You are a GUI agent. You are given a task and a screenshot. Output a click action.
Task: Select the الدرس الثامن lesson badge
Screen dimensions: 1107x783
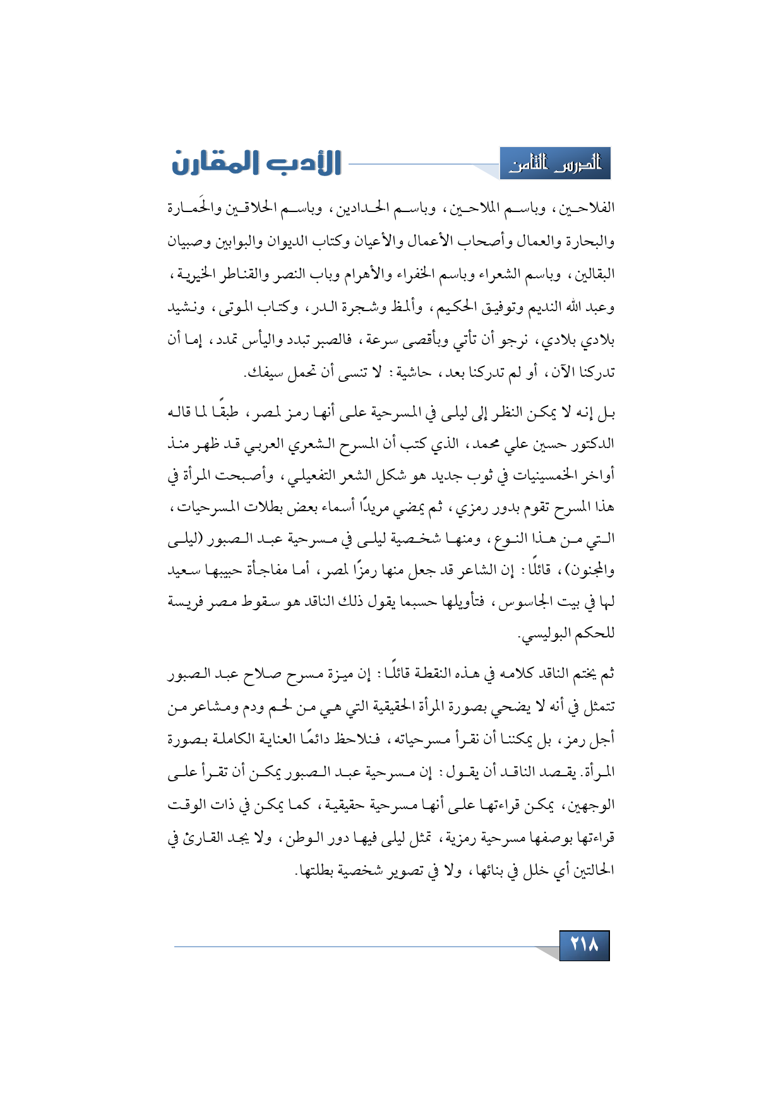point(555,164)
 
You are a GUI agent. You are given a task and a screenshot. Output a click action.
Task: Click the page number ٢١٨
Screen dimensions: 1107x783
point(584,945)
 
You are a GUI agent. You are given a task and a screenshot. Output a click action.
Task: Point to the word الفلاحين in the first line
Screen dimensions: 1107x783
point(587,208)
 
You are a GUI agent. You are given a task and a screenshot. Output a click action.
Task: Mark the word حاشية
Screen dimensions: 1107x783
point(410,373)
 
